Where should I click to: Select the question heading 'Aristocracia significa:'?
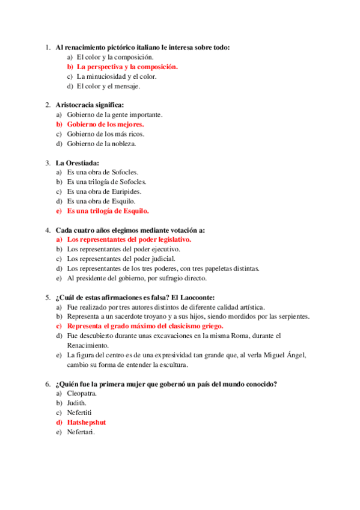[90, 105]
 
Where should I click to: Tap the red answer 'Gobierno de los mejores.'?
[105, 124]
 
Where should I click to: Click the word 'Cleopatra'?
[82, 393]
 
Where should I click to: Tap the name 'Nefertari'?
[81, 432]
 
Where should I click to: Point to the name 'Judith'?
[77, 403]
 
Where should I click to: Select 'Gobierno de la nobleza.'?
[102, 143]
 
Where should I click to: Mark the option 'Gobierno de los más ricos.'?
[106, 134]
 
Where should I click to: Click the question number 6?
[47, 384]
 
